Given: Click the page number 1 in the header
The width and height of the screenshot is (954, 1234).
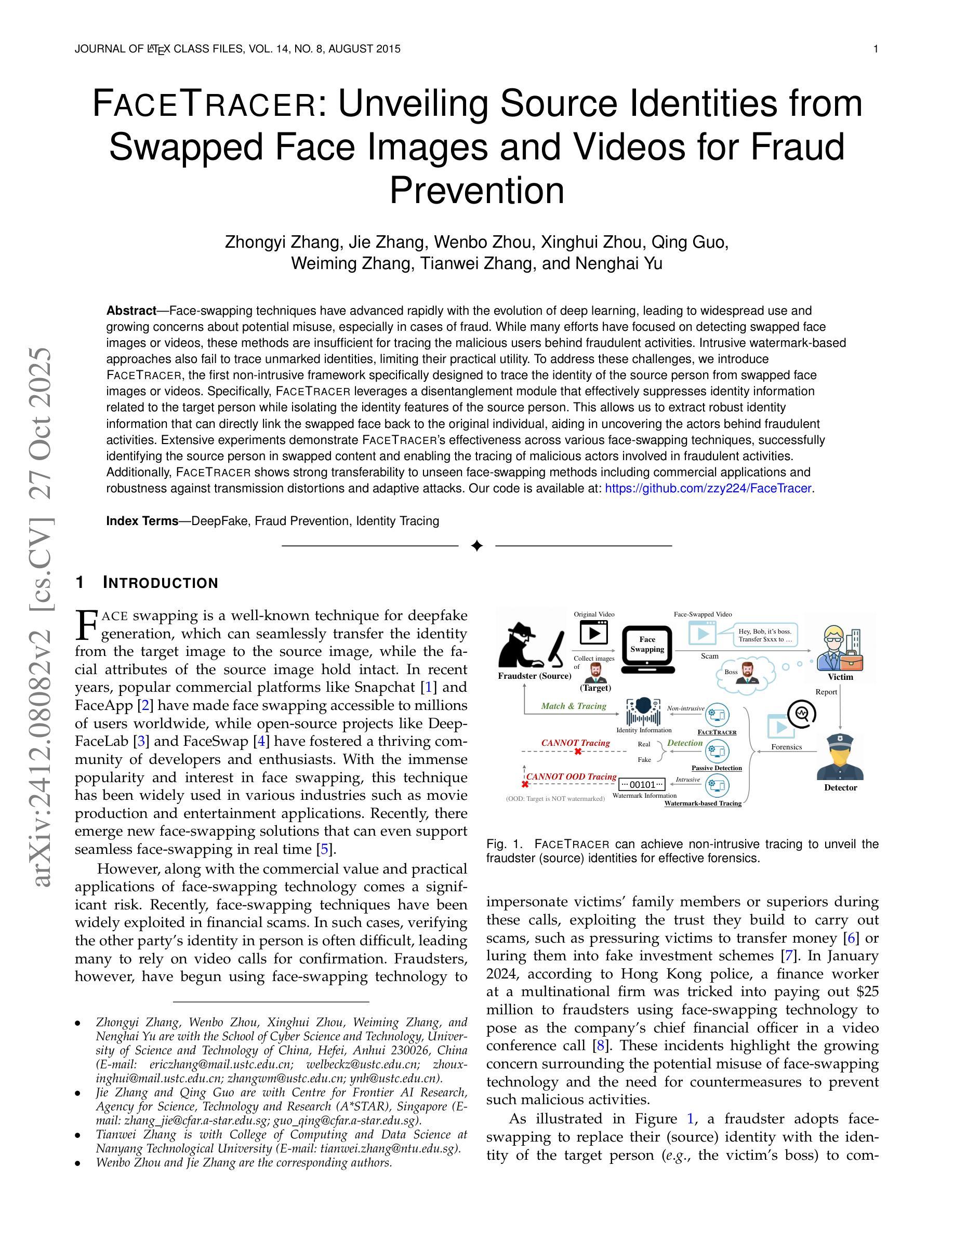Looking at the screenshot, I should (x=876, y=49).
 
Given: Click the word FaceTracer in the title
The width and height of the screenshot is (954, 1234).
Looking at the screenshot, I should (x=204, y=104).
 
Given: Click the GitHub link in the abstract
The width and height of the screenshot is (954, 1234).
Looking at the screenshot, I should (x=709, y=488).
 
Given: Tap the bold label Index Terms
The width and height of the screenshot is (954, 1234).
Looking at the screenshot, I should (x=142, y=521).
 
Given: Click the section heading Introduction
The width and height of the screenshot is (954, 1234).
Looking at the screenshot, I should (x=161, y=583).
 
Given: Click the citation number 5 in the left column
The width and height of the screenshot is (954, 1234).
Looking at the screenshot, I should (x=324, y=849).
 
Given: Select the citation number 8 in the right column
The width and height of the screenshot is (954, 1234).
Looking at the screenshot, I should (x=598, y=1045).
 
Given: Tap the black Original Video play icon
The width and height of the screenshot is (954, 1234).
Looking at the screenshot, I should (x=593, y=633).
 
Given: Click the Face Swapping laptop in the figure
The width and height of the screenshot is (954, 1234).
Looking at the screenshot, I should (x=647, y=649).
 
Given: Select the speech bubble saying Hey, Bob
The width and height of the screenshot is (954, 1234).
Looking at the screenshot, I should (x=765, y=635).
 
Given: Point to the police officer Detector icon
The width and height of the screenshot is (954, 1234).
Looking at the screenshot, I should (x=840, y=757).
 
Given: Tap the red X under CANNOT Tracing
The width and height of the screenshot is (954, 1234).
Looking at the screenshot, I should (x=578, y=752).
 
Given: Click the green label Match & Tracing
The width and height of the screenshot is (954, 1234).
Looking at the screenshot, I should (x=573, y=706).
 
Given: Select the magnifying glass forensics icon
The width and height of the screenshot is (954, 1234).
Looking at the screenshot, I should (x=802, y=714).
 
